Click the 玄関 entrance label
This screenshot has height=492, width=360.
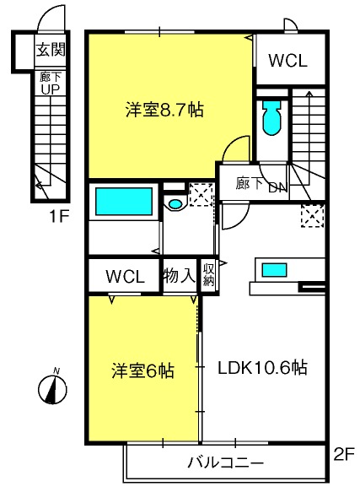(x=51, y=50)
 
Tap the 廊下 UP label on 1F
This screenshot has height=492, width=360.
(x=51, y=84)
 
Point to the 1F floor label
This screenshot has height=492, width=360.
(x=59, y=216)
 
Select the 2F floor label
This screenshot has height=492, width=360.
(x=344, y=455)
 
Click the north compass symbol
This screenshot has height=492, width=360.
(x=52, y=387)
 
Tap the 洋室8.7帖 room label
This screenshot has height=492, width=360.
(x=164, y=111)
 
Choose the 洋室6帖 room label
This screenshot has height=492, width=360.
(x=142, y=370)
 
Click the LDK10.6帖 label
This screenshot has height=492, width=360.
(x=262, y=368)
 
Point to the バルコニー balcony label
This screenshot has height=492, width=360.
(x=226, y=462)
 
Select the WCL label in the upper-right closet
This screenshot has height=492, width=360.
(x=287, y=61)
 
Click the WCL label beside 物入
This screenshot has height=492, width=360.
(x=125, y=277)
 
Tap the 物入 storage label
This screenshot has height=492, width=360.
(x=180, y=276)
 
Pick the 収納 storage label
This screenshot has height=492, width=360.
(x=208, y=275)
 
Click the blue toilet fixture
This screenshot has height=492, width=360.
(x=271, y=117)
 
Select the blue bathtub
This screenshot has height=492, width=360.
(x=124, y=202)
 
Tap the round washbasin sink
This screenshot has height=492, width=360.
(x=175, y=204)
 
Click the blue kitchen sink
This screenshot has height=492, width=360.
(x=274, y=270)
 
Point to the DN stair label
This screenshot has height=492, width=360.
(x=278, y=187)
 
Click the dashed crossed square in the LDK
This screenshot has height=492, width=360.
(x=312, y=215)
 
